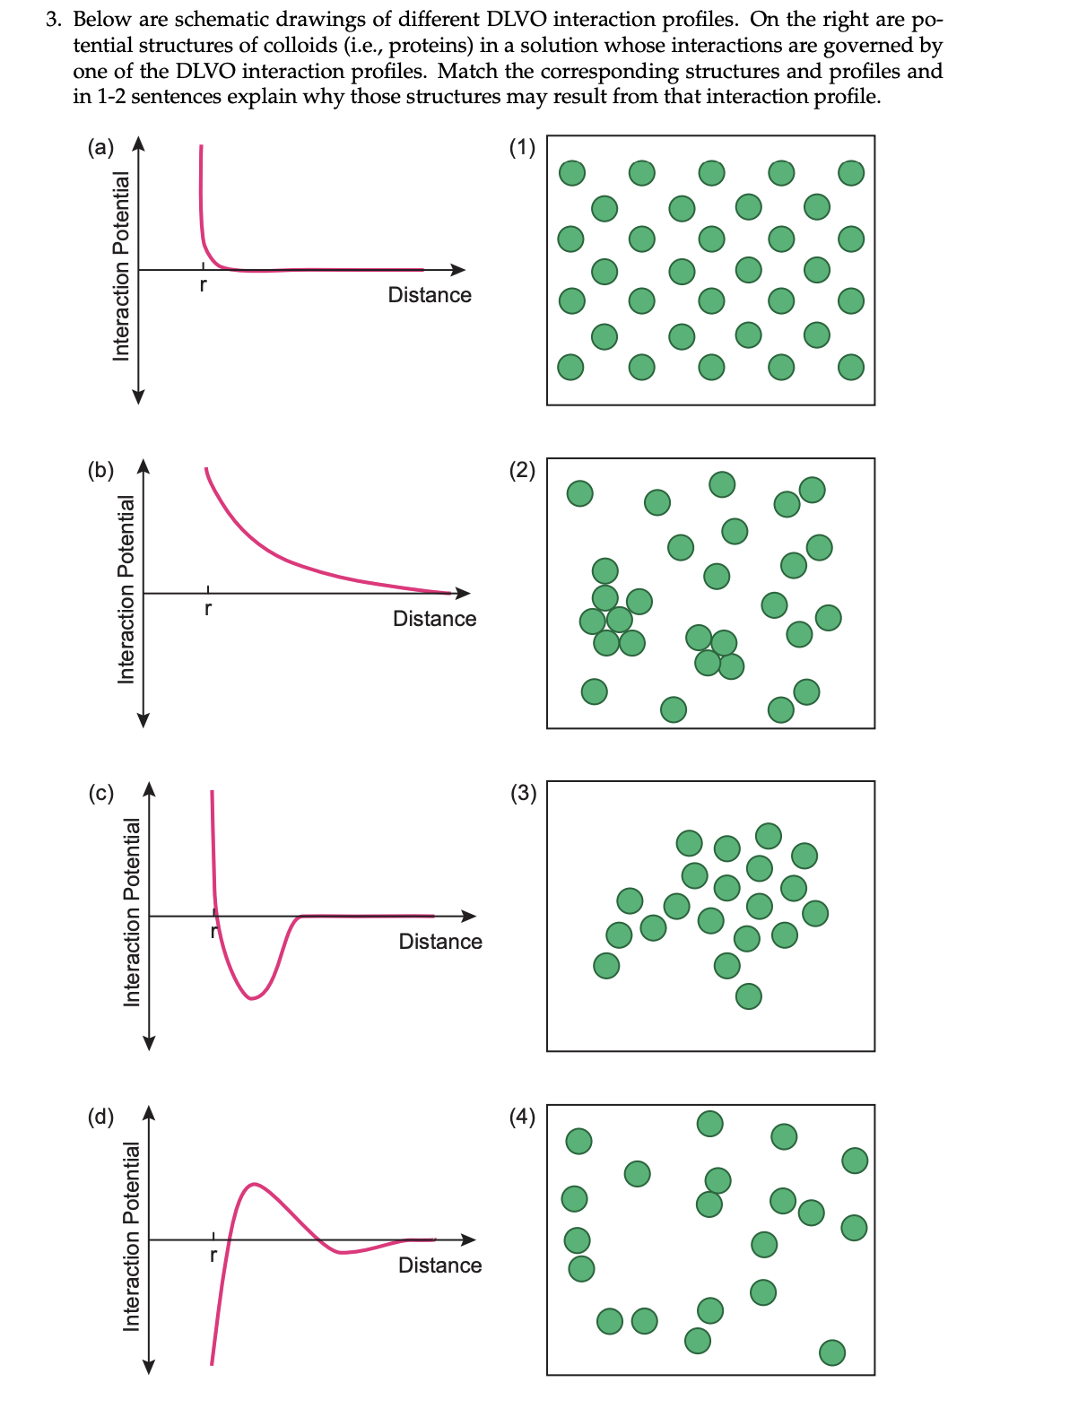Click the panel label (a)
point(100,147)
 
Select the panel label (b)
point(100,470)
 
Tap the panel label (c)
point(100,793)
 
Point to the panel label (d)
point(100,1117)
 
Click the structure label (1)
point(522,147)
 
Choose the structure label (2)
point(522,470)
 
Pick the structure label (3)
point(522,793)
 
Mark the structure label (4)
point(522,1117)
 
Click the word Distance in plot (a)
point(430,295)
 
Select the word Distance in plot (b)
point(434,619)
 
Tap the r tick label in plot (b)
point(208,609)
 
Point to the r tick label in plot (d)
point(213,1256)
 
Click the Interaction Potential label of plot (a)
point(121,265)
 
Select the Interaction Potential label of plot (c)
point(132,911)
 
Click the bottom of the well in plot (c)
point(253,998)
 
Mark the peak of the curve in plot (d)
point(255,1184)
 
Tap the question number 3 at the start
point(52,20)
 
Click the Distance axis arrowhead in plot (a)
point(459,270)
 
